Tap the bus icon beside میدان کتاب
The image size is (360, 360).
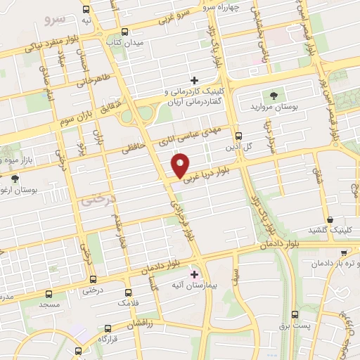124,32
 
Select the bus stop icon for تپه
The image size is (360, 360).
86,10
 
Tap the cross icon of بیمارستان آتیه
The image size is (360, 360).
195,274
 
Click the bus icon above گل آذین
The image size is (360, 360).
239,135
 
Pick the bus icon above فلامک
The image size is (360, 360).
128,292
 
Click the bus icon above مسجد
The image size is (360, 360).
49,294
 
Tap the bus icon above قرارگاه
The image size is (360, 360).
108,328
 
